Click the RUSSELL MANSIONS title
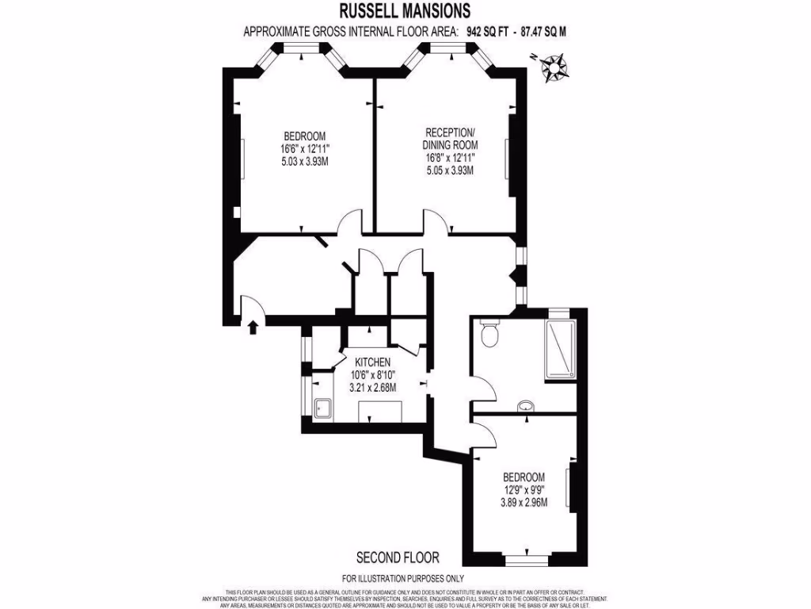405,11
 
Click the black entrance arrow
253,327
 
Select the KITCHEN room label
371,362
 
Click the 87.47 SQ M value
543,32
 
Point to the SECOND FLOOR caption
398,558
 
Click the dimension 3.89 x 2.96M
524,502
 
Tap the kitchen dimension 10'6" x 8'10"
371,374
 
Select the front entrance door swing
250,304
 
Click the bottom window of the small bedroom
527,559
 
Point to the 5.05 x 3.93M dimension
450,170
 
